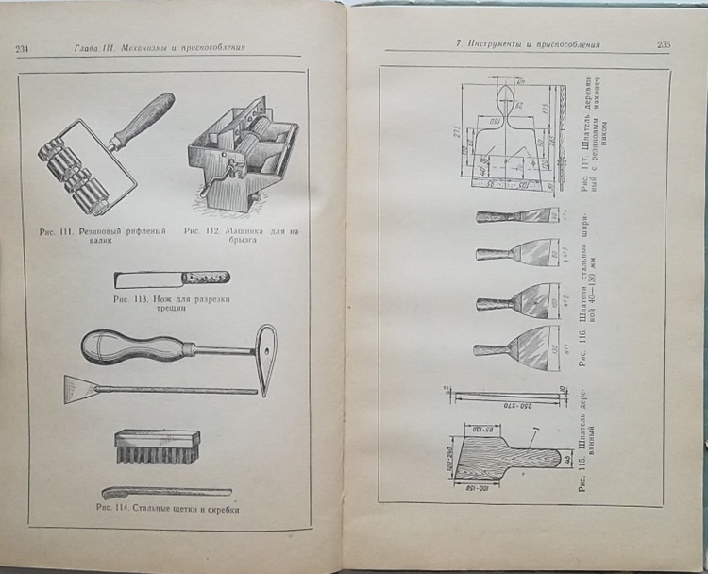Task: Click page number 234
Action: pyautogui.click(x=25, y=49)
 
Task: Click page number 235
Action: pyautogui.click(x=664, y=44)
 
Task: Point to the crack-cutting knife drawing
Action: pyautogui.click(x=171, y=279)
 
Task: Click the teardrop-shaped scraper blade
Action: pyautogui.click(x=267, y=359)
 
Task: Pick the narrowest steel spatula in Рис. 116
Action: pyautogui.click(x=515, y=216)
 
